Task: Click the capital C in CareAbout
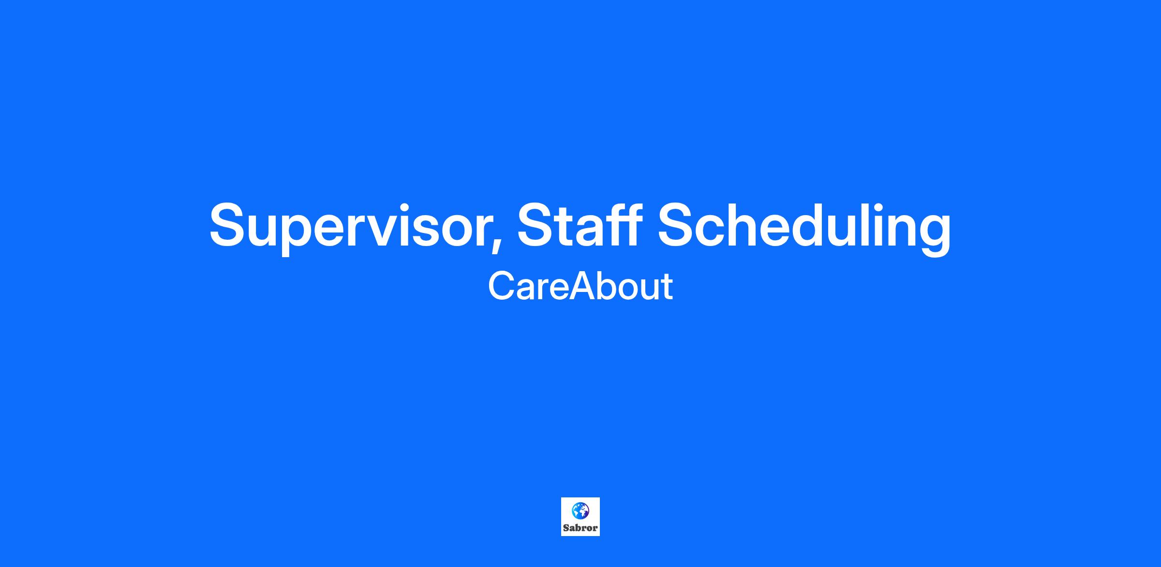pos(501,286)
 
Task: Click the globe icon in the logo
pos(580,510)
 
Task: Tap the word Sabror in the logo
pos(580,528)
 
